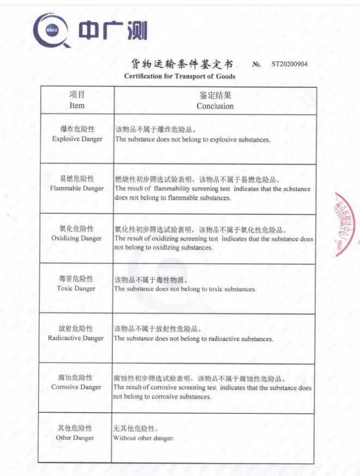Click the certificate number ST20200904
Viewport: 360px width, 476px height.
click(x=289, y=64)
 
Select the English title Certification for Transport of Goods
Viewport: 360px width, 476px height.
click(x=179, y=76)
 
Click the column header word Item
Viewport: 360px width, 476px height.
click(x=77, y=105)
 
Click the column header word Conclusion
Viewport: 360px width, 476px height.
click(x=215, y=106)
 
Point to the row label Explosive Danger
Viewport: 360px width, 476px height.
click(x=77, y=139)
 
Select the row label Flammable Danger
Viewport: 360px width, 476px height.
click(x=77, y=189)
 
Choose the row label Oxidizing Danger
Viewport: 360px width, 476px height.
click(x=76, y=238)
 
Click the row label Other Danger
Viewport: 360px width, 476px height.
click(x=75, y=437)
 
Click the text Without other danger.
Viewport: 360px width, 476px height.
click(x=143, y=438)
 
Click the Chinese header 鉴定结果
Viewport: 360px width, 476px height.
click(x=215, y=96)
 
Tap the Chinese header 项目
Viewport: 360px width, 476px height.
click(x=77, y=95)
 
